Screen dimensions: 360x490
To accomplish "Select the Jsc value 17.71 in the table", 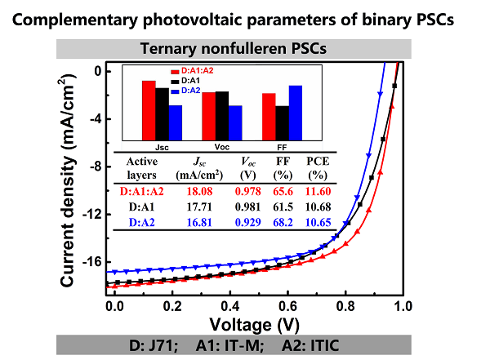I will [193, 207].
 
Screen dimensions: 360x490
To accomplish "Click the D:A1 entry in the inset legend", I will [191, 81].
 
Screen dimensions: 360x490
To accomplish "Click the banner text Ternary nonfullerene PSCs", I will [246, 48].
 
